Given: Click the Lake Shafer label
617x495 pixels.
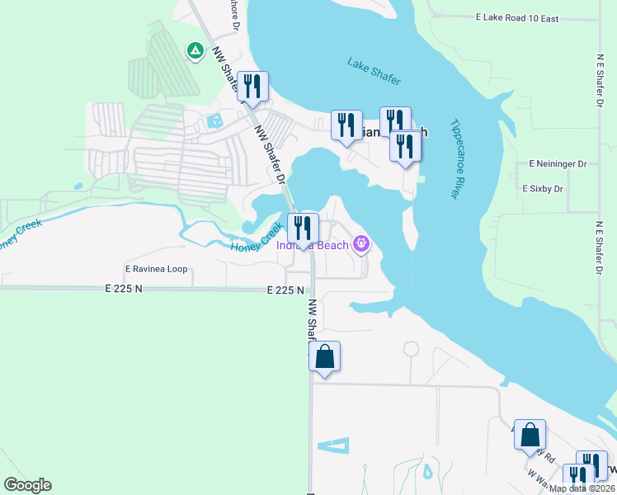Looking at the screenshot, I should pyautogui.click(x=374, y=72).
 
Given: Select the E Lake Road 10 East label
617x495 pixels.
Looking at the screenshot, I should pyautogui.click(x=529, y=17).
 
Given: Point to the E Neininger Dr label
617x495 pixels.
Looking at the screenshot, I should pyautogui.click(x=558, y=164).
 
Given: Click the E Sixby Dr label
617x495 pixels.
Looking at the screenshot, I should pyautogui.click(x=543, y=189).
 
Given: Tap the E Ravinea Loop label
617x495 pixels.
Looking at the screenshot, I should pyautogui.click(x=156, y=269).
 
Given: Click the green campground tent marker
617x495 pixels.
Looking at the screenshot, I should pyautogui.click(x=195, y=51).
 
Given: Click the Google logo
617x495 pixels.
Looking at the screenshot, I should pyautogui.click(x=27, y=485).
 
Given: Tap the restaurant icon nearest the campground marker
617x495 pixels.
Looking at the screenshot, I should pyautogui.click(x=252, y=86).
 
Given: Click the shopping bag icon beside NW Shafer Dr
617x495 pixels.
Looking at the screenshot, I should pyautogui.click(x=325, y=356).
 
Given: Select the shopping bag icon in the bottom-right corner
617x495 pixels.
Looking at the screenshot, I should pyautogui.click(x=530, y=434).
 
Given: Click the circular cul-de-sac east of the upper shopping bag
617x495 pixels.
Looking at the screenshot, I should pyautogui.click(x=410, y=350).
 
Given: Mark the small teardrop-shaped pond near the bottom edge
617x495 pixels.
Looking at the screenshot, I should pyautogui.click(x=427, y=471).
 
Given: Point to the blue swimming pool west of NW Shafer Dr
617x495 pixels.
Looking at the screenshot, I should pyautogui.click(x=215, y=121).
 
